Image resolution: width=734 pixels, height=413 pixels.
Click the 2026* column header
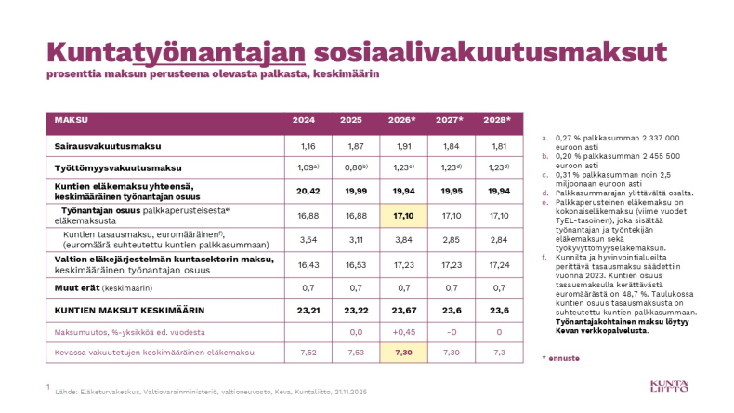click(x=400, y=120)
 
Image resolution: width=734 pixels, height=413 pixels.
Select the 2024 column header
click(x=304, y=120)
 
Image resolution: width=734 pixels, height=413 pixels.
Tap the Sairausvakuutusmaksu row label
click(x=107, y=146)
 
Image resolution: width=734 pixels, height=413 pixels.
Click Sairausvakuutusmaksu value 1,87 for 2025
click(x=351, y=146)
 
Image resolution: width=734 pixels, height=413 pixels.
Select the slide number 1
click(x=46, y=385)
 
